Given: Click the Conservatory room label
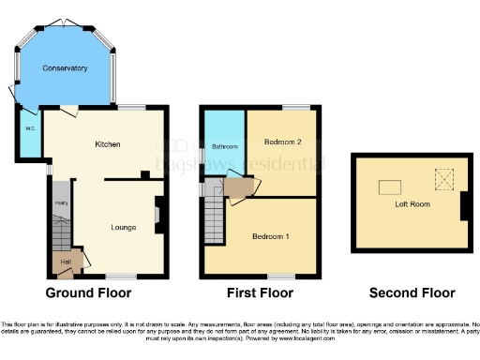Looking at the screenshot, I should (x=65, y=68).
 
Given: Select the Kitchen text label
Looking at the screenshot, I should (x=108, y=144).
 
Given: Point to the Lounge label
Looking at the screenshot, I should (x=124, y=227).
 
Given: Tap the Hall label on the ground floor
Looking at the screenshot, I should (x=66, y=262).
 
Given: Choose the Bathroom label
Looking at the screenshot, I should (x=223, y=147).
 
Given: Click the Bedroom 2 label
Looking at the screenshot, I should (x=282, y=142).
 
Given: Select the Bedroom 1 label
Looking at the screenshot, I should (x=270, y=236).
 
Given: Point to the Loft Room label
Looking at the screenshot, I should (x=412, y=202).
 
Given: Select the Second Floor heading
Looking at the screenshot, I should (x=412, y=292).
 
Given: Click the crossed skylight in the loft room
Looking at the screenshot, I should (x=442, y=176).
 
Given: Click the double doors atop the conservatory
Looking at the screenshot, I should (x=64, y=22).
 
